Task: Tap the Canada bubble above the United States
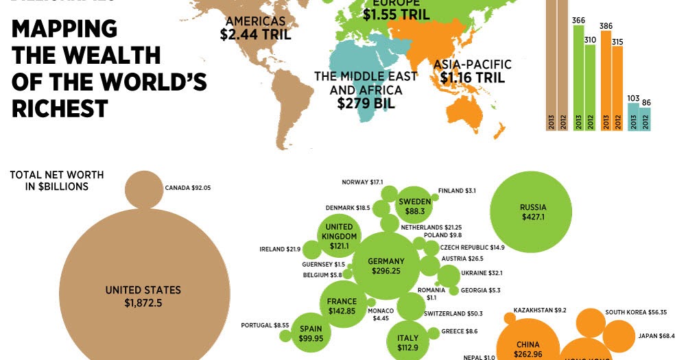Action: tap(143, 188)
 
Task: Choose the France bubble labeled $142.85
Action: tap(342, 306)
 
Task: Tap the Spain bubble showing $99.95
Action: tap(311, 333)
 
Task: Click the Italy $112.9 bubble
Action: tap(407, 341)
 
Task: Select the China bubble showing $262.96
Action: tap(528, 346)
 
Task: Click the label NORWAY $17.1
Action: tap(362, 182)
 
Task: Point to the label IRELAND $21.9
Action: tap(279, 248)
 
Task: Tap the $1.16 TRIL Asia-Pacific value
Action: tap(472, 77)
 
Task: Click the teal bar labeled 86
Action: tap(645, 118)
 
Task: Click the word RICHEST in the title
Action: tap(60, 108)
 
